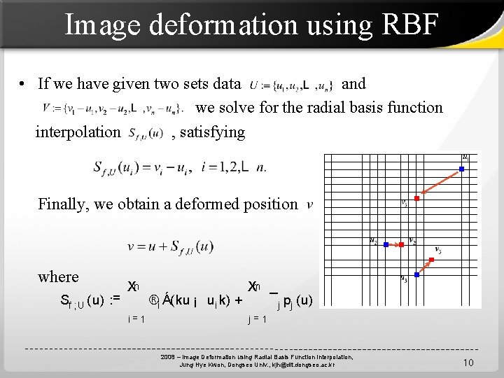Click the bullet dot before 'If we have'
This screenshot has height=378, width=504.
pos(23,85)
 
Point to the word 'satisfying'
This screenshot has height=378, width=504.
pos(213,132)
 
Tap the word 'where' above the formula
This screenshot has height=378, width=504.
pos(58,276)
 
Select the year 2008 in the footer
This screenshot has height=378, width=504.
pos(168,358)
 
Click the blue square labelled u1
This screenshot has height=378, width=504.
pos(462,168)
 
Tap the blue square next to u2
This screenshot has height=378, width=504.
pos(386,244)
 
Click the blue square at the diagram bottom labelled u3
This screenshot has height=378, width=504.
pos(416,275)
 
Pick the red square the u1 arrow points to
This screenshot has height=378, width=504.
pos(416,199)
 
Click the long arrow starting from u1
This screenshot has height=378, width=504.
pos(440,183)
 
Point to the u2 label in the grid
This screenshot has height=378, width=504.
pos(374,241)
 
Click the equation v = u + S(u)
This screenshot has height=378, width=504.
pos(170,246)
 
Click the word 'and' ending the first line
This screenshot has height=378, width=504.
pos(353,84)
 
